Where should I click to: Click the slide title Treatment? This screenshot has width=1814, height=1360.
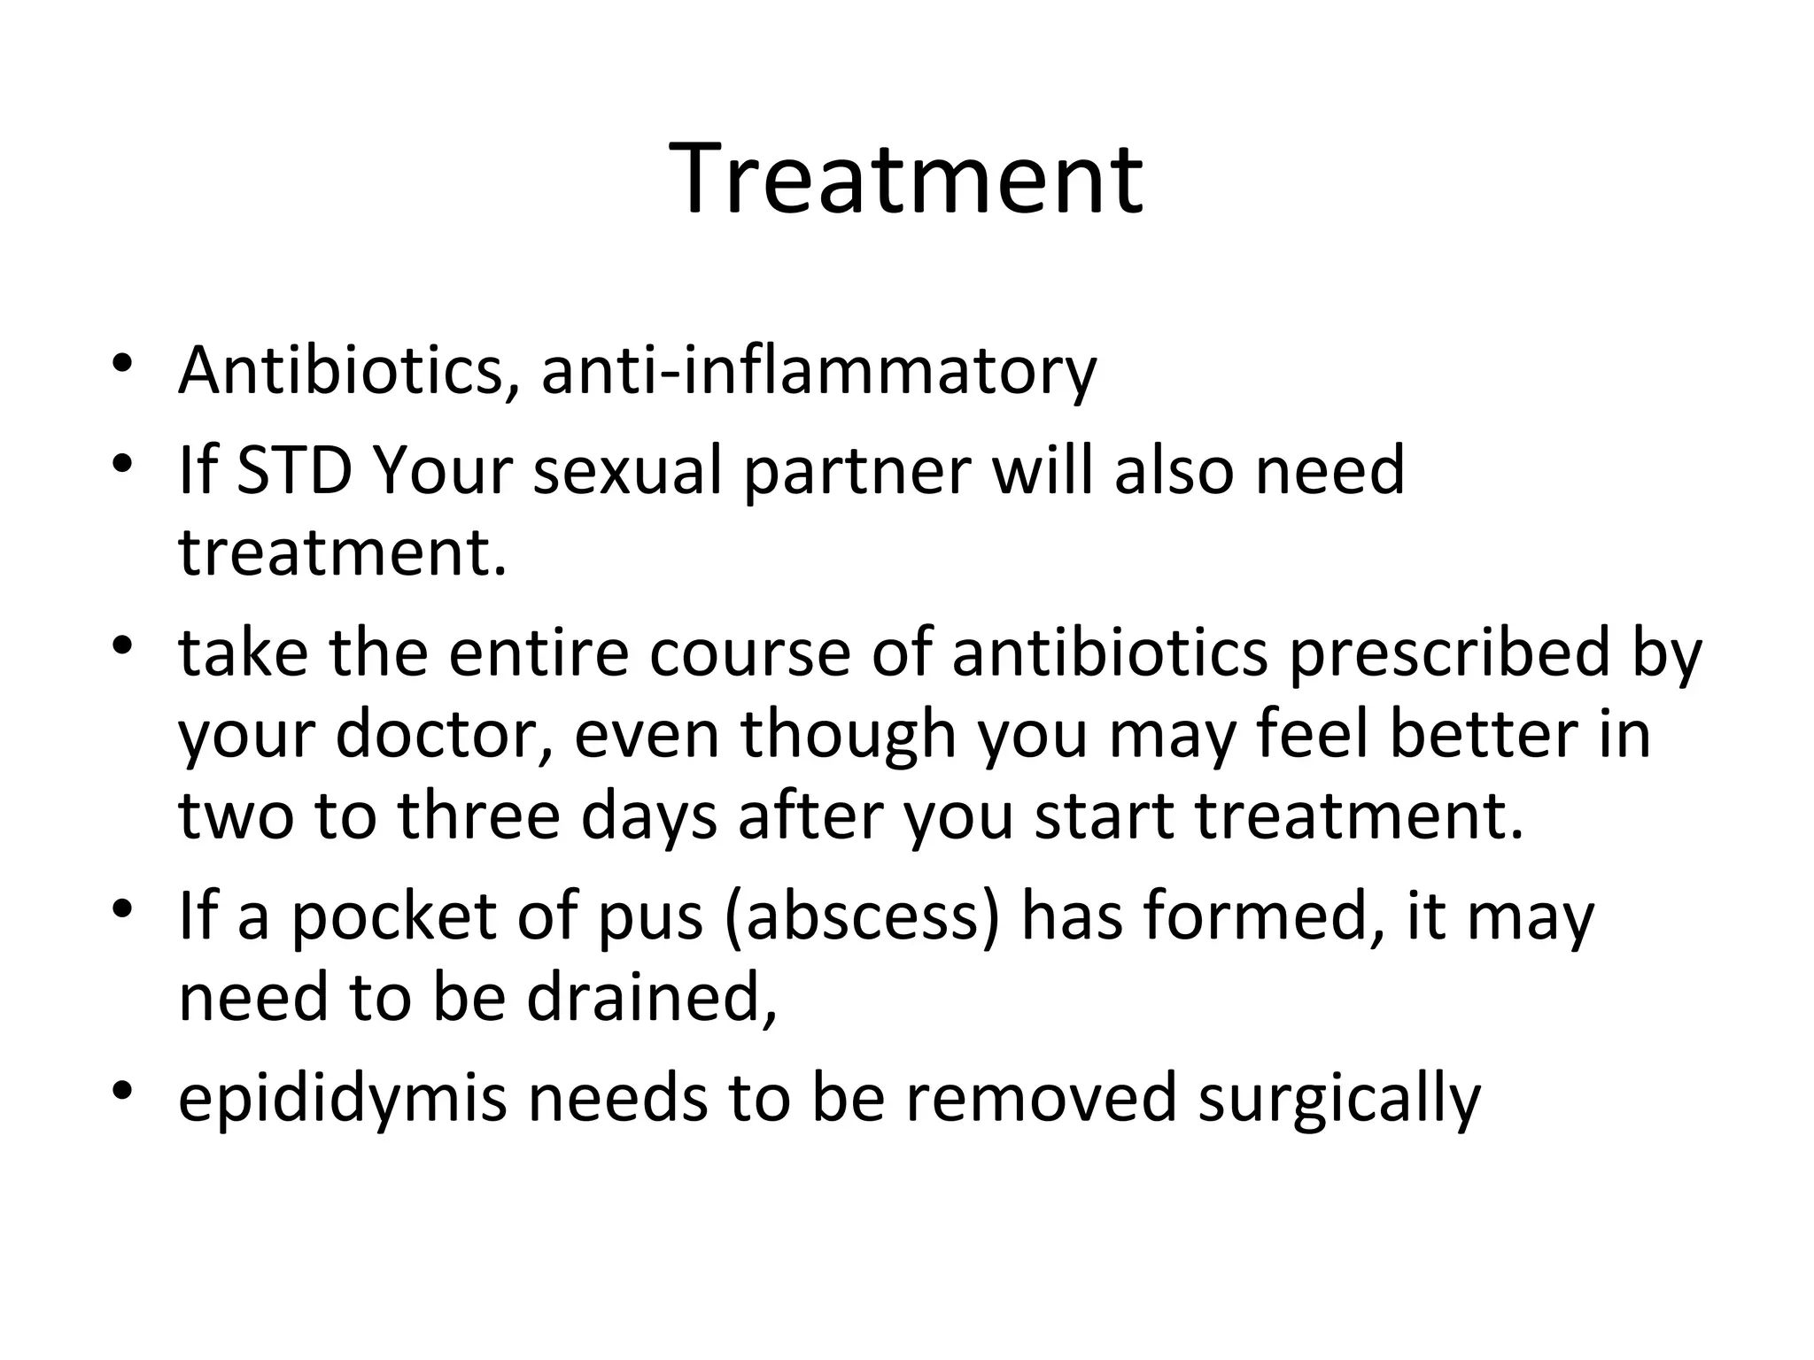tap(906, 179)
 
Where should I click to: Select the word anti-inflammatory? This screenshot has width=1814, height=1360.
tap(818, 370)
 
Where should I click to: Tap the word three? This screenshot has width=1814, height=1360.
tap(478, 815)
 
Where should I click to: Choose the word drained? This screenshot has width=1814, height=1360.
tap(651, 997)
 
